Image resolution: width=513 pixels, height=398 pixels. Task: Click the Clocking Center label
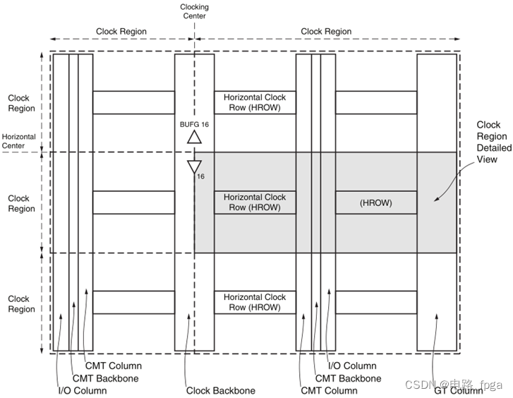pos(194,12)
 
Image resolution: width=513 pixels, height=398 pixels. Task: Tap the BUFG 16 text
pos(194,123)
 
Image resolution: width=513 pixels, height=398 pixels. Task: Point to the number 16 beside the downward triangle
pos(200,176)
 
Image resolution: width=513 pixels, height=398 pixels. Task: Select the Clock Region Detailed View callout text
pos(494,142)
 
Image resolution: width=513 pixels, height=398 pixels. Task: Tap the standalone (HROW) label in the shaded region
pos(375,203)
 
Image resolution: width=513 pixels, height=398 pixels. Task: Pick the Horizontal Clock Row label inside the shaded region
pos(255,203)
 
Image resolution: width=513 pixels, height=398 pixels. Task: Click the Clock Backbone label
pos(221,390)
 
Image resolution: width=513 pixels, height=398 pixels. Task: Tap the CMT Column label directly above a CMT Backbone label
pos(113,366)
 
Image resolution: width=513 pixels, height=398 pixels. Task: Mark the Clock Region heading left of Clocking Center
pos(121,32)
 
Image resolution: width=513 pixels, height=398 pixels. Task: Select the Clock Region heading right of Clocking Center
pos(326,32)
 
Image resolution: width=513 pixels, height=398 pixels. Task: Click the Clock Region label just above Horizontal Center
pos(21,103)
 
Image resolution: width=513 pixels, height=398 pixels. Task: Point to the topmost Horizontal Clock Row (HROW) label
pos(255,102)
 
